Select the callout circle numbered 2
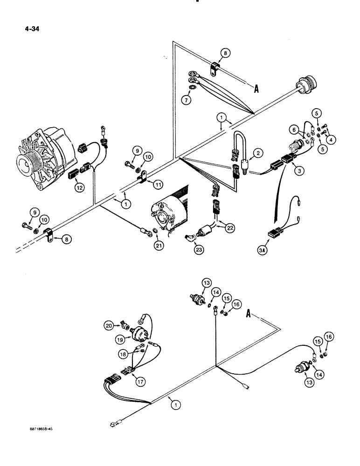pos(257,153)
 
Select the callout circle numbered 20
pos(109,326)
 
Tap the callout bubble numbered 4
pos(330,139)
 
